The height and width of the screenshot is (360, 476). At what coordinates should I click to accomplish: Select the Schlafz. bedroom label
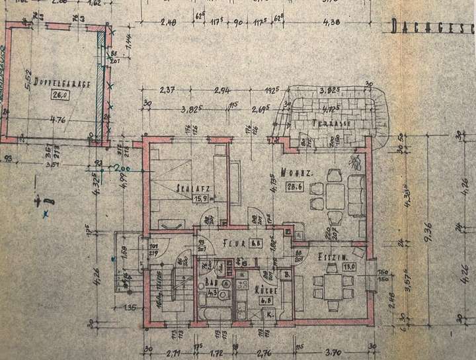pyautogui.click(x=189, y=187)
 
